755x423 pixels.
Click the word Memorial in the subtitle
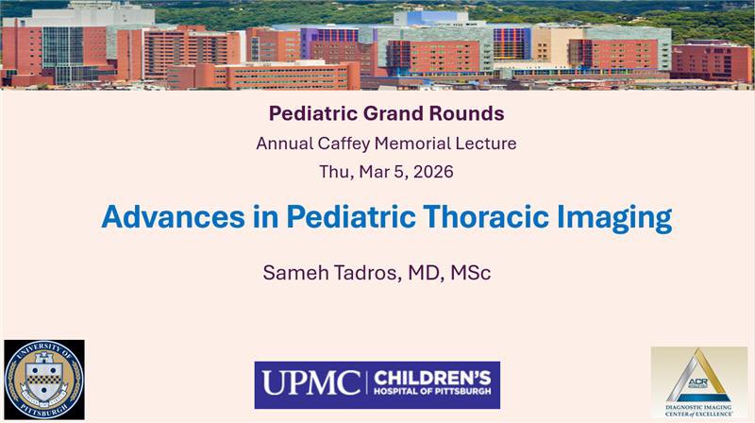point(411,144)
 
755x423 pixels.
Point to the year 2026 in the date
point(429,173)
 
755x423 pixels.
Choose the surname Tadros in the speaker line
point(362,273)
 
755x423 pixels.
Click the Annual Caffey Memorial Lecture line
point(386,144)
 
